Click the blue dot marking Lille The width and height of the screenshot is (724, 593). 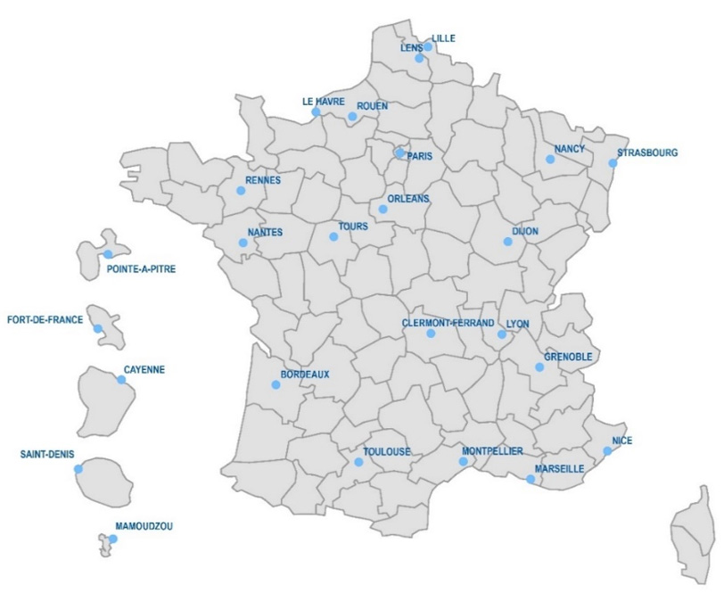[x=428, y=47]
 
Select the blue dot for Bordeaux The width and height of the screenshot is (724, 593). [x=276, y=385]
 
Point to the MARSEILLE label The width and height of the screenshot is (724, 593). [x=559, y=468]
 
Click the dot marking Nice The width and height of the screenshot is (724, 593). [x=607, y=450]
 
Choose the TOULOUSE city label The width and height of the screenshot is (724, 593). [x=387, y=452]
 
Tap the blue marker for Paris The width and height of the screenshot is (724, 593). [x=399, y=153]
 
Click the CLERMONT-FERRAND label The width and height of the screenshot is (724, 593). [x=447, y=323]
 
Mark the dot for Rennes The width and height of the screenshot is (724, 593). [x=240, y=190]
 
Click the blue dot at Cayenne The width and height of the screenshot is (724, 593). [x=121, y=380]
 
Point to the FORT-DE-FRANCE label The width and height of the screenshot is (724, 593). [x=45, y=319]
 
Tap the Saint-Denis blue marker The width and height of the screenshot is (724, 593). [x=78, y=468]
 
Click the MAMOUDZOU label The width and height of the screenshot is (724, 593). [x=144, y=526]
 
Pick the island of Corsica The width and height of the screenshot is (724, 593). [x=696, y=535]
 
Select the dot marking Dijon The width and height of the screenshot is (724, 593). [x=507, y=242]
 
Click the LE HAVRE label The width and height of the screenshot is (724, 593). [x=323, y=102]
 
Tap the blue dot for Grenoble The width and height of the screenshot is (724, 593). [x=539, y=367]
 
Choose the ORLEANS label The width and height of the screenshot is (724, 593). [x=408, y=199]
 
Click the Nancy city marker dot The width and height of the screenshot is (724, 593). [x=550, y=160]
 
